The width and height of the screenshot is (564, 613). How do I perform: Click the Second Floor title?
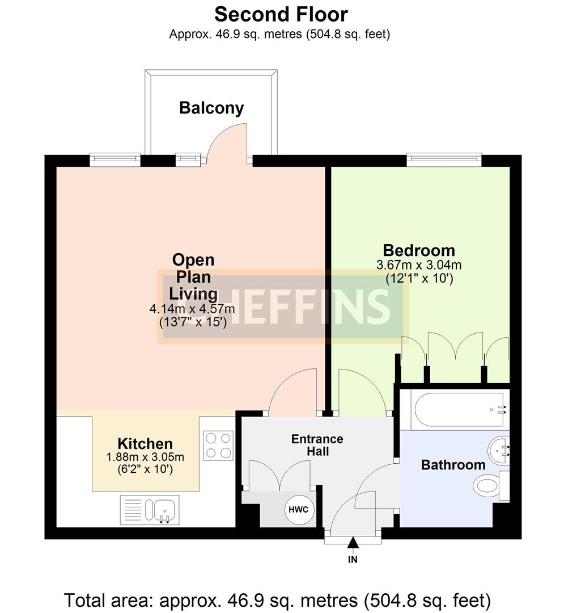click(x=281, y=14)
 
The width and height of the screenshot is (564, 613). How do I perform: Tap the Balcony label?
click(x=211, y=108)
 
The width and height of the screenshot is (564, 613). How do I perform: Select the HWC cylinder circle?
click(x=298, y=509)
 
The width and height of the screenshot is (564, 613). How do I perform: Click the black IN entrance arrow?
click(x=353, y=544)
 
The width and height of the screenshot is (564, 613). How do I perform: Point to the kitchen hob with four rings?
click(x=218, y=445)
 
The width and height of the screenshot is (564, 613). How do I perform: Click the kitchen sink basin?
click(x=165, y=509)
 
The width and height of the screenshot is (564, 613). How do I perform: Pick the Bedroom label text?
click(x=419, y=250)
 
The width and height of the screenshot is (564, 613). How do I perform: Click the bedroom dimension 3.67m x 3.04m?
click(x=419, y=265)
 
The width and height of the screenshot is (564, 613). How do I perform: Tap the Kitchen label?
click(x=145, y=444)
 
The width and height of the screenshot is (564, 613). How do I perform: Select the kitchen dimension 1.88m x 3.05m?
click(x=145, y=457)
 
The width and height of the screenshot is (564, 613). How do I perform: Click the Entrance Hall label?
click(x=317, y=446)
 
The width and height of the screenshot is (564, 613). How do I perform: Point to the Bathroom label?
click(x=453, y=465)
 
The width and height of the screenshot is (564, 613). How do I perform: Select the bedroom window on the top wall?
click(x=444, y=159)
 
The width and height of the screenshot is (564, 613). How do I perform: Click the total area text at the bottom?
click(x=277, y=599)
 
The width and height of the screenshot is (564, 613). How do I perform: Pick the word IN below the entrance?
click(x=353, y=559)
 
